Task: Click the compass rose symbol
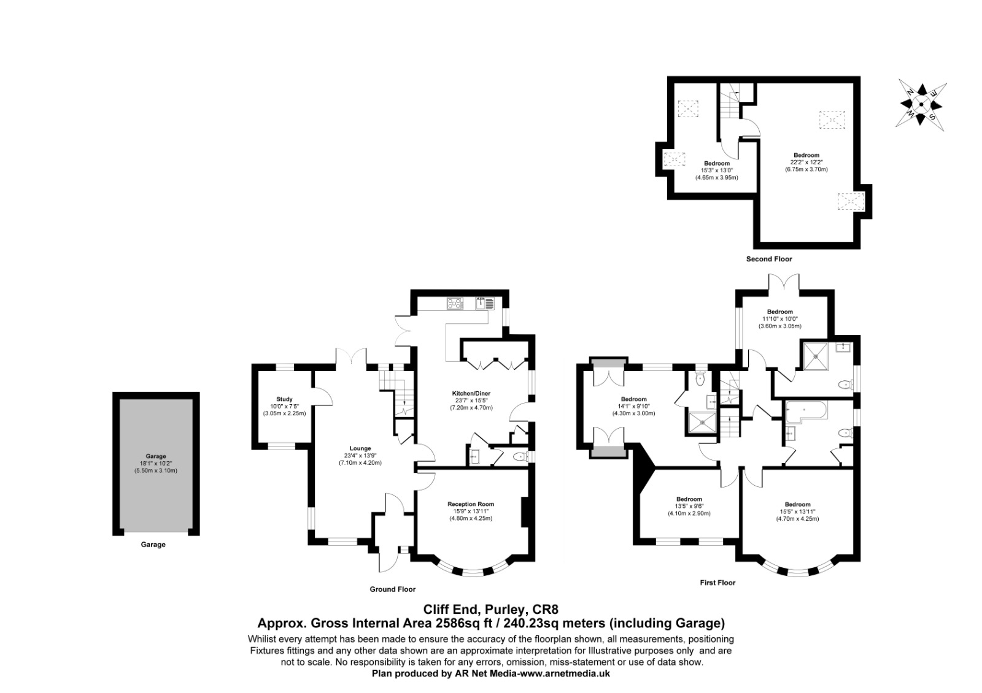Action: pyautogui.click(x=921, y=104)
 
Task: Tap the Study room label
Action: pyautogui.click(x=284, y=399)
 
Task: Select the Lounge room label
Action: pyautogui.click(x=360, y=448)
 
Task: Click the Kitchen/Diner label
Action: pyautogui.click(x=471, y=393)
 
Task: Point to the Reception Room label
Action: pyautogui.click(x=471, y=504)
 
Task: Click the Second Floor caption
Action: pyautogui.click(x=769, y=259)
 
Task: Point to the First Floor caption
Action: pyautogui.click(x=717, y=583)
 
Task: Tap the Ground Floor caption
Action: pyautogui.click(x=392, y=589)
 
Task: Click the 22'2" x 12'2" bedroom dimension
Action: pyautogui.click(x=806, y=162)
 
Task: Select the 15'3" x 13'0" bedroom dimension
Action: pyautogui.click(x=717, y=170)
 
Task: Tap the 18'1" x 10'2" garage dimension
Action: pyautogui.click(x=156, y=464)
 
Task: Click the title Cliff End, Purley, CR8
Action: pyautogui.click(x=490, y=610)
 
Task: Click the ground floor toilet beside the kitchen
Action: pyautogui.click(x=519, y=457)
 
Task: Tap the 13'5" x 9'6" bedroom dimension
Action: pyautogui.click(x=689, y=507)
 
